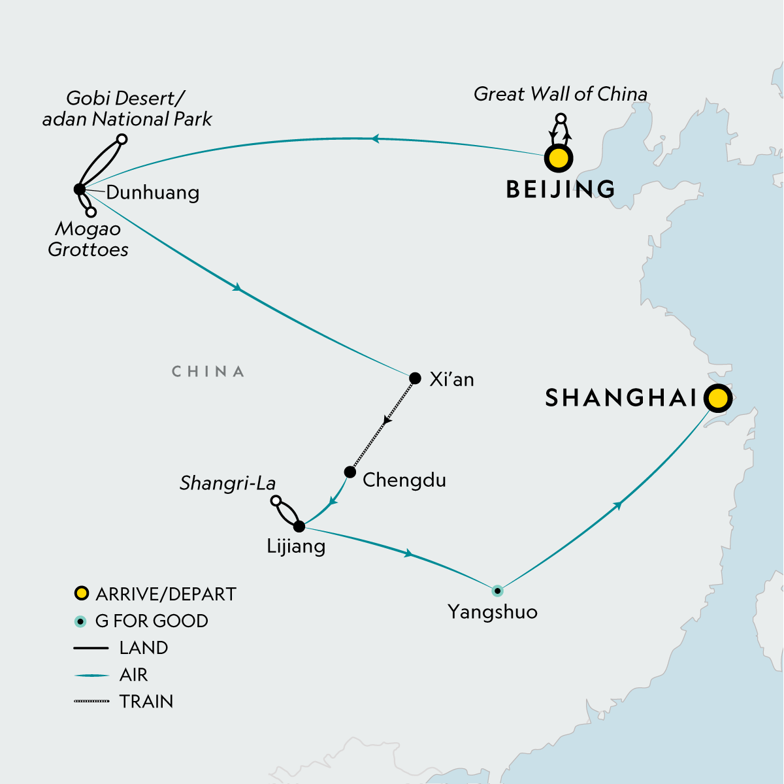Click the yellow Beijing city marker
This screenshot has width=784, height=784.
(x=559, y=159)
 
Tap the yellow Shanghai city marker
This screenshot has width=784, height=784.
(x=717, y=398)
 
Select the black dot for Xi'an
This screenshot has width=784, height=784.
(x=415, y=378)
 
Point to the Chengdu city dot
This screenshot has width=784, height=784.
(x=350, y=472)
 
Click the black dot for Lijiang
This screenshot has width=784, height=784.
(x=299, y=527)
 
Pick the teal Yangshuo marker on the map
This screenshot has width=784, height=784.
(x=497, y=591)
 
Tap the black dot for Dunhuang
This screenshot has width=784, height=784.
(x=80, y=189)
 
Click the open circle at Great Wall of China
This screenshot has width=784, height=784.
(x=560, y=118)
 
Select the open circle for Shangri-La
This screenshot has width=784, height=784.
(x=276, y=500)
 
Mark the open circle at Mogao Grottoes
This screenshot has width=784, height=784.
(x=91, y=212)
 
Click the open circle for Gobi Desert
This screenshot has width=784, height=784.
(x=122, y=139)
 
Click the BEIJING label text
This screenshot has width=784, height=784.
(x=561, y=189)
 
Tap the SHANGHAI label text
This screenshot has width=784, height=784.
(x=621, y=398)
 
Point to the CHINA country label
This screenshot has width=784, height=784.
(x=208, y=372)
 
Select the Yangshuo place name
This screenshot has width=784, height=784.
(x=493, y=612)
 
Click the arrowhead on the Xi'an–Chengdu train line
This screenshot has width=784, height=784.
(x=387, y=420)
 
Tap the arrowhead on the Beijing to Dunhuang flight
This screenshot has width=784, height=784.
(x=375, y=139)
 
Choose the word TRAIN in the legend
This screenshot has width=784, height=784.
(x=146, y=702)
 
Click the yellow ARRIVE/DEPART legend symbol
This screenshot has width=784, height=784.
(x=81, y=594)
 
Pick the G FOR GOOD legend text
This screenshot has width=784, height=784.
(x=152, y=621)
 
